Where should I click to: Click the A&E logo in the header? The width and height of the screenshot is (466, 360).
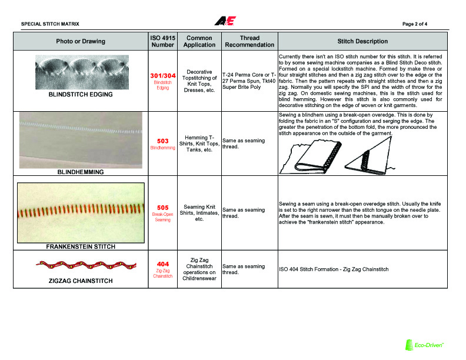coord(225,21)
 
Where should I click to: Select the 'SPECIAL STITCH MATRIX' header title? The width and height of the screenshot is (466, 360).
coord(50,24)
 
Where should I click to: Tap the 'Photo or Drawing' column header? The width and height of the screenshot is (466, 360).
coord(81,41)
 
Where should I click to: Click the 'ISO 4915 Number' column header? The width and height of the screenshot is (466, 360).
coord(162,41)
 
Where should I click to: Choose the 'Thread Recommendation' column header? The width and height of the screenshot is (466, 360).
coord(249,41)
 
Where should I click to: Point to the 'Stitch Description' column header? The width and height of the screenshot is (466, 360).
coord(362,41)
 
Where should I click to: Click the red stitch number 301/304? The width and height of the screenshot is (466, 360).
coord(162,76)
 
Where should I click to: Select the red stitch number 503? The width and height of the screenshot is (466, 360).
coord(162,141)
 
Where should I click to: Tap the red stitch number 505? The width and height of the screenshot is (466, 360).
coord(162,207)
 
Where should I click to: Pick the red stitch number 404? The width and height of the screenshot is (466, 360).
coord(162,264)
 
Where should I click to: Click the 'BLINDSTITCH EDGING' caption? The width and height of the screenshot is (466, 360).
coord(81,94)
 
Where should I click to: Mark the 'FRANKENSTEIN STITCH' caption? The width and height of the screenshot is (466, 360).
coord(81,246)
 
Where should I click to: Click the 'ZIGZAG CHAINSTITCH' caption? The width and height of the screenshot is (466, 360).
coord(81,281)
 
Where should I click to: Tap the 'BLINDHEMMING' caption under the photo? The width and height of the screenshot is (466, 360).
coord(81,172)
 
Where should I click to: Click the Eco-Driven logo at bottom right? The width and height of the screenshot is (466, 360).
coord(424,345)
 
